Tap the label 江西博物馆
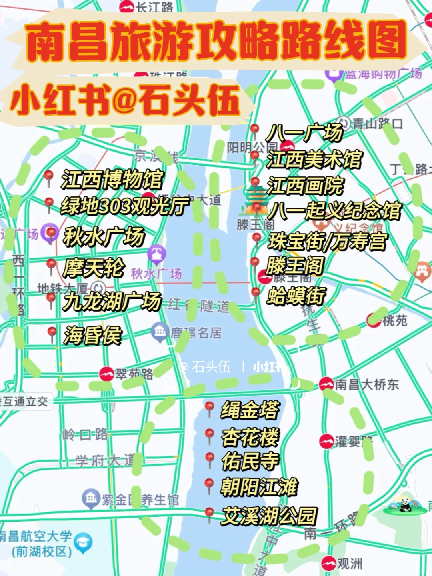(x=112, y=179)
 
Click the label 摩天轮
(x=94, y=268)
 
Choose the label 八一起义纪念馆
(x=334, y=210)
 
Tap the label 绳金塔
(x=250, y=410)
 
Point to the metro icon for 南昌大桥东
(x=326, y=384)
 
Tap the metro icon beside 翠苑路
(x=106, y=374)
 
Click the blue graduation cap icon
(x=83, y=543)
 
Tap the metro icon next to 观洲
(x=328, y=563)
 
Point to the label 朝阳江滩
(x=259, y=487)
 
